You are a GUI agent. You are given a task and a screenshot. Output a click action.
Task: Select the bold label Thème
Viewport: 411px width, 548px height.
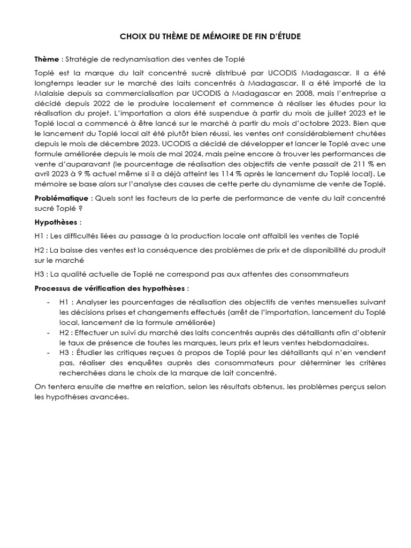[45, 58]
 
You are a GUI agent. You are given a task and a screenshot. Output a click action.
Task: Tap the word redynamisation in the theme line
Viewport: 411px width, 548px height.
[127, 58]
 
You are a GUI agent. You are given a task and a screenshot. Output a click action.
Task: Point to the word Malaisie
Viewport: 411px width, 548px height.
[51, 94]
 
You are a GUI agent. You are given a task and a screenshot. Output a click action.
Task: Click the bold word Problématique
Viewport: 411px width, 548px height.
[60, 198]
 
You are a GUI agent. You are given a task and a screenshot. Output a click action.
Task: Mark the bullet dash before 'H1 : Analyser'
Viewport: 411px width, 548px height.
[48, 302]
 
